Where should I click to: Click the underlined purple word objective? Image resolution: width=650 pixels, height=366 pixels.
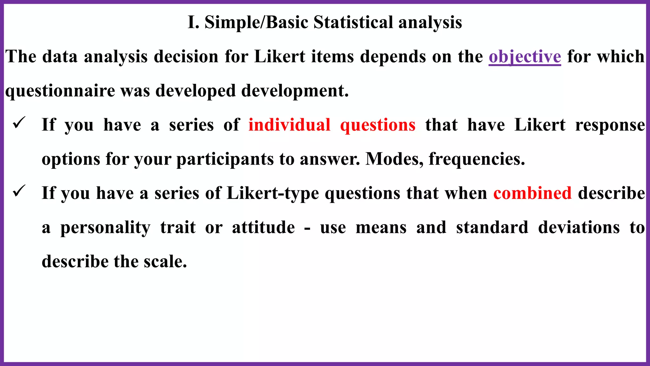(x=525, y=57)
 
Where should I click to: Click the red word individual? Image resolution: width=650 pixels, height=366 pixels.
(x=289, y=125)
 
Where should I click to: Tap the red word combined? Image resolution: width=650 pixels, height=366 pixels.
(x=532, y=193)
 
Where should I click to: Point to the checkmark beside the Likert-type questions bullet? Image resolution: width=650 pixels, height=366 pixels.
(x=19, y=191)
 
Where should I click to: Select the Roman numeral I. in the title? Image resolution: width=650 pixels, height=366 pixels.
(x=193, y=23)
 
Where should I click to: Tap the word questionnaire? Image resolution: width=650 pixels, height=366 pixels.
(x=60, y=91)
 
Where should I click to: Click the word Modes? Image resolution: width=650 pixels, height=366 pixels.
(x=394, y=159)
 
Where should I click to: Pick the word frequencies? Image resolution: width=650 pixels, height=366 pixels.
(x=476, y=159)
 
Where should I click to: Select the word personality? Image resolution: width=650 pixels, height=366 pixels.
(x=105, y=228)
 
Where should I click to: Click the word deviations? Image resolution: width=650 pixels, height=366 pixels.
(x=579, y=227)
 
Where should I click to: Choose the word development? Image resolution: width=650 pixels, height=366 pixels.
(x=295, y=91)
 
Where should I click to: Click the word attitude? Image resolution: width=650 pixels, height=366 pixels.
(x=263, y=227)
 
